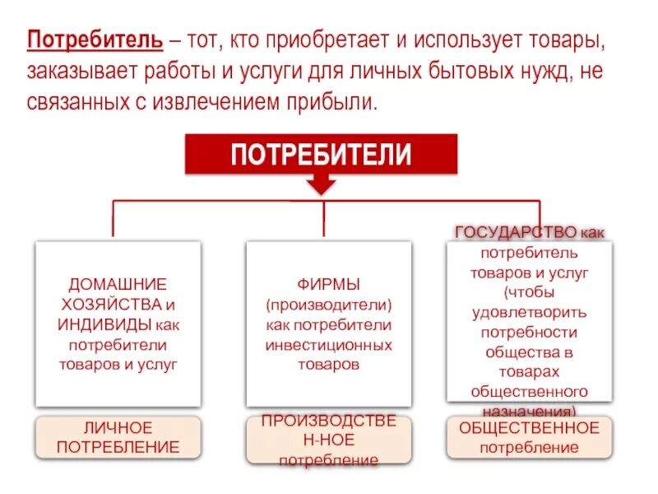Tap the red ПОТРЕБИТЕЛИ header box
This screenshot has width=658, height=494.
(x=321, y=154)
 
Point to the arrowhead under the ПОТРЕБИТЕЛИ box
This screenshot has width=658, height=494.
(x=322, y=188)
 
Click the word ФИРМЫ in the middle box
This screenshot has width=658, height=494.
(x=328, y=285)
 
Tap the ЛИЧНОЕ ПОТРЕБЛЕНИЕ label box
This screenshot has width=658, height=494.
(x=118, y=437)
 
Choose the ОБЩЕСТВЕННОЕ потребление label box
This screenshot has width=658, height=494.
(x=529, y=437)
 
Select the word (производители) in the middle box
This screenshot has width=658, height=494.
(x=328, y=305)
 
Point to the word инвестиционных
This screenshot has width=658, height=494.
(x=328, y=344)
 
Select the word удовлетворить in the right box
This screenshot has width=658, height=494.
(x=529, y=312)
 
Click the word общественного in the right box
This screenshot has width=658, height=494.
(x=529, y=390)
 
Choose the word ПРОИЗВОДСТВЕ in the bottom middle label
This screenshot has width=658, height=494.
(x=328, y=421)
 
